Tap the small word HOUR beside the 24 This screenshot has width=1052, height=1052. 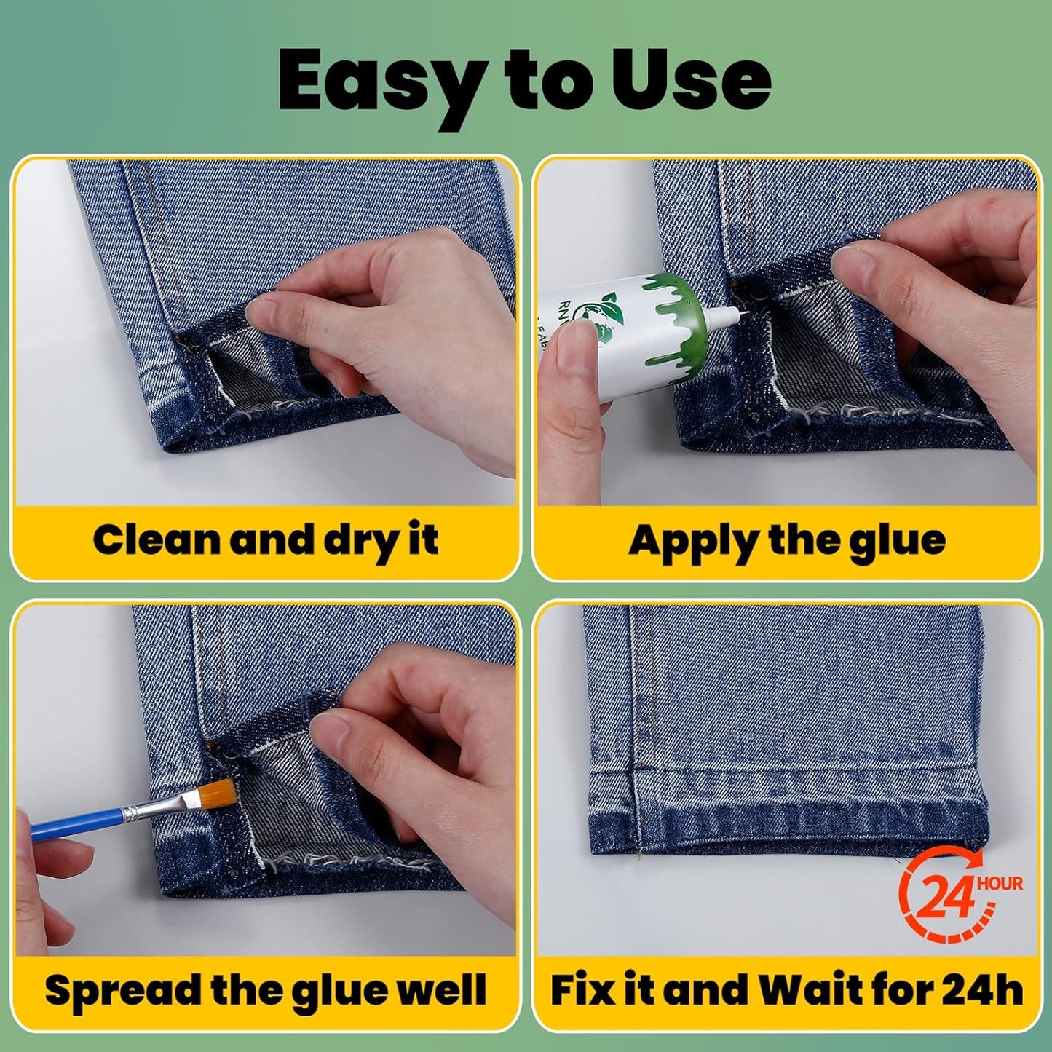point(1000,884)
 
